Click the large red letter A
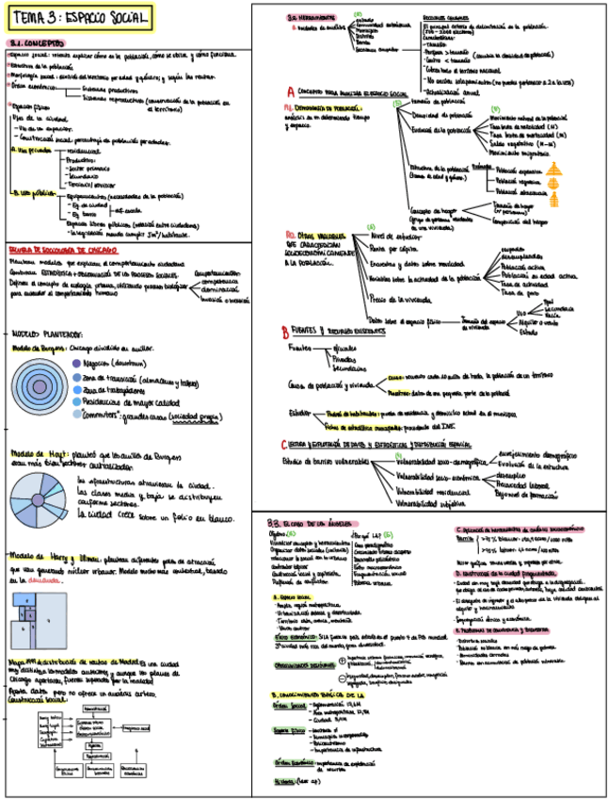291,92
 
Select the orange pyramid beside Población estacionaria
554,201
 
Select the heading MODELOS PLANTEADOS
47,334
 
